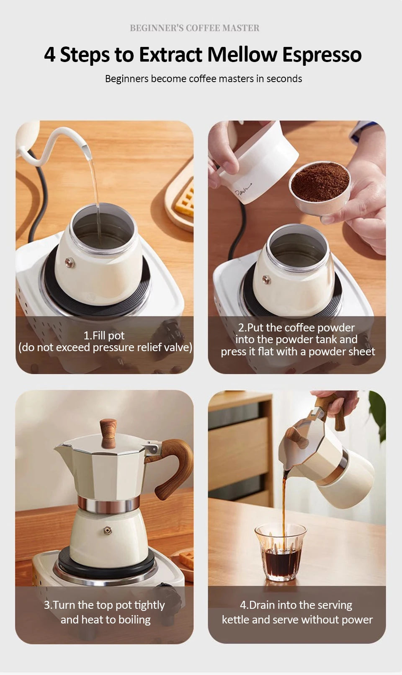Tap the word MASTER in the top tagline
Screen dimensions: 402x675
coord(241,28)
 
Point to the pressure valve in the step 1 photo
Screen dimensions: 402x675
coord(70,262)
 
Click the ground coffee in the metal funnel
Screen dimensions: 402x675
coord(320,182)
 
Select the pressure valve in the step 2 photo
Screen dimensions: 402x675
coord(266,280)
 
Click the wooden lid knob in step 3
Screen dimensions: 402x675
coord(108,433)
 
